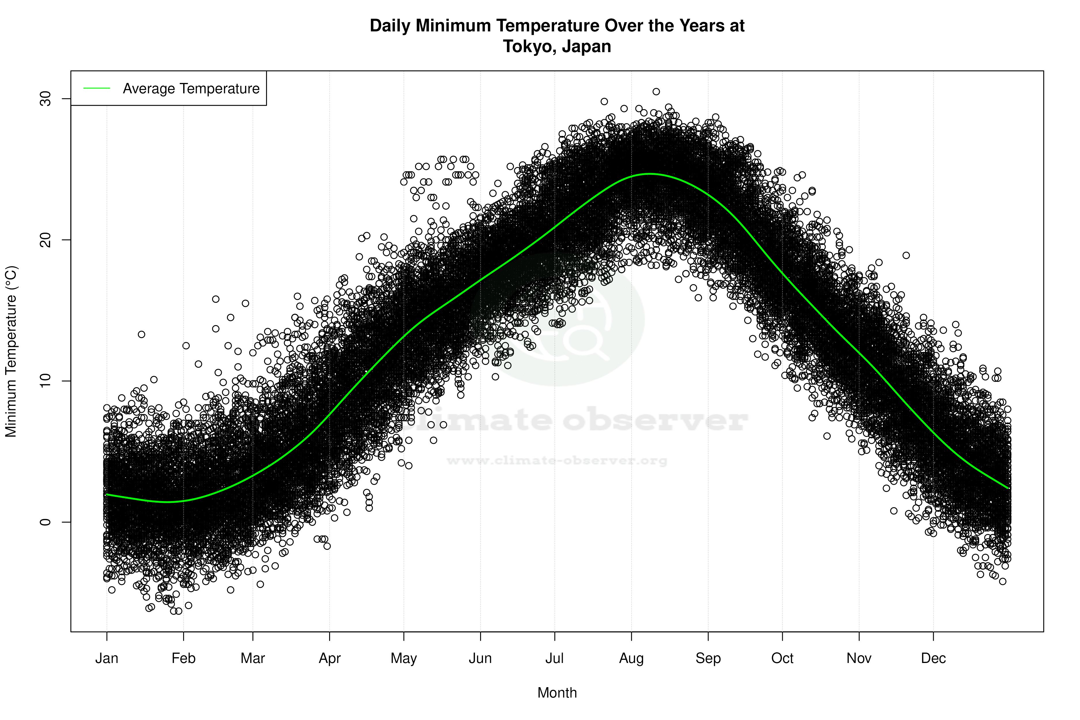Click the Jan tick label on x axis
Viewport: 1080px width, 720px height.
coord(107,658)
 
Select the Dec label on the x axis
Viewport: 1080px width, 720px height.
coord(933,658)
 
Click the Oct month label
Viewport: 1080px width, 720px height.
coord(782,658)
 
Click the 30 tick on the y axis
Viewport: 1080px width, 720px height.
coord(46,99)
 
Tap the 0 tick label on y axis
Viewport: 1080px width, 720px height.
coord(46,522)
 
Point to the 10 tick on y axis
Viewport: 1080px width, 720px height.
coord(46,381)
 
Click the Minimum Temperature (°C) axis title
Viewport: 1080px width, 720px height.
coord(11,351)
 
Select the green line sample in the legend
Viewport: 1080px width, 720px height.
coord(97,88)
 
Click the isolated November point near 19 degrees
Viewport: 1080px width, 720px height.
coord(906,255)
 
